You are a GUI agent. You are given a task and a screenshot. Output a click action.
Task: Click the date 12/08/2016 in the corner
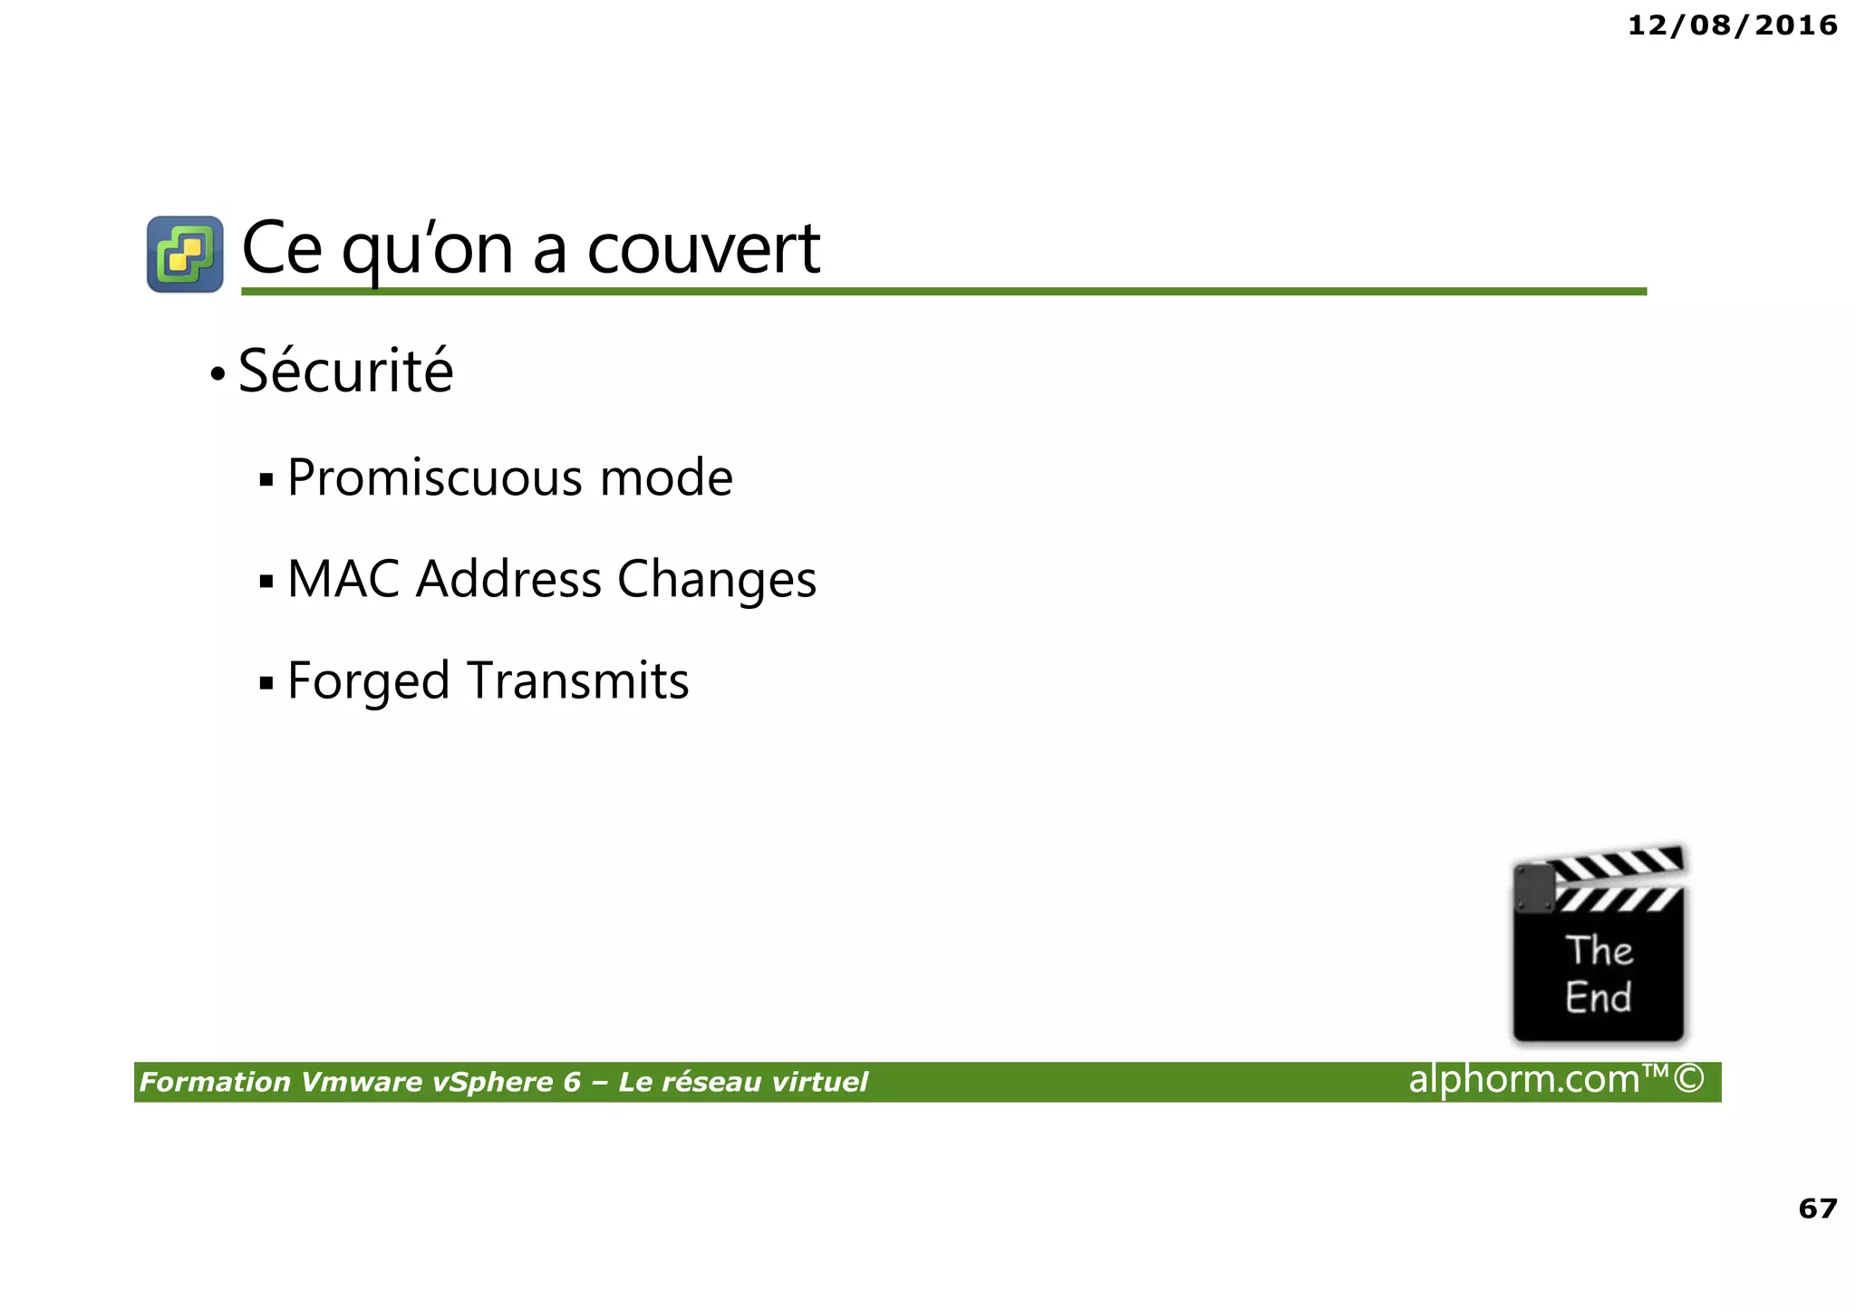point(1732,25)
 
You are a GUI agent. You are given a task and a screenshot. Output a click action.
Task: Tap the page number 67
point(1817,1209)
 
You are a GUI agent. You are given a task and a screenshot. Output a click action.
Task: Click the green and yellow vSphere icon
point(185,254)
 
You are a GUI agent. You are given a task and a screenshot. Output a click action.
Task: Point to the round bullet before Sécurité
point(217,374)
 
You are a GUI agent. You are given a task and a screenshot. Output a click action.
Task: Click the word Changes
point(717,581)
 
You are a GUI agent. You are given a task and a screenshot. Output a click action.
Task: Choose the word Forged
point(368,682)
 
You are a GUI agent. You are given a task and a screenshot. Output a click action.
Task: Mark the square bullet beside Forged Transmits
point(266,682)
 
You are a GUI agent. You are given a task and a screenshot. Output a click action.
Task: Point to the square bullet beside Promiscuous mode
point(266,479)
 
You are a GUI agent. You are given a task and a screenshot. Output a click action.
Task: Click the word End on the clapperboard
point(1598,998)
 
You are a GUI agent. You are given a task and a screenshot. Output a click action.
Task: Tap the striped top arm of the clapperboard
point(1618,865)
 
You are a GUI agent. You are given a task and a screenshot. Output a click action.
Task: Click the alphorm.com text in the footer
point(1525,1080)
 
